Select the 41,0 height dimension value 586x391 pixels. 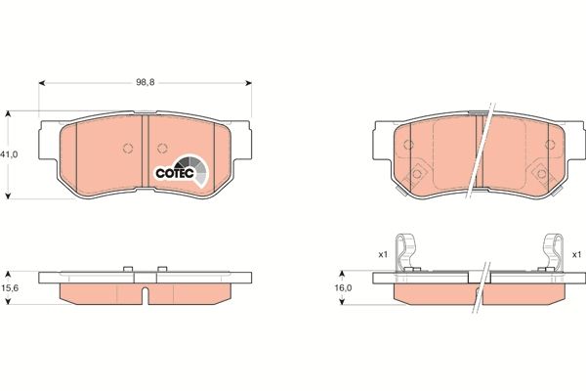coord(10,154)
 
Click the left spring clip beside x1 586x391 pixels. coord(407,251)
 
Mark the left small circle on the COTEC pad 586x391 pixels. coord(127,149)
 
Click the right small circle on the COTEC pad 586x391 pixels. coord(162,149)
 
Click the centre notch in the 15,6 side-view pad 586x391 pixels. coord(144,294)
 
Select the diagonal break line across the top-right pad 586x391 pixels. coord(477,156)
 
